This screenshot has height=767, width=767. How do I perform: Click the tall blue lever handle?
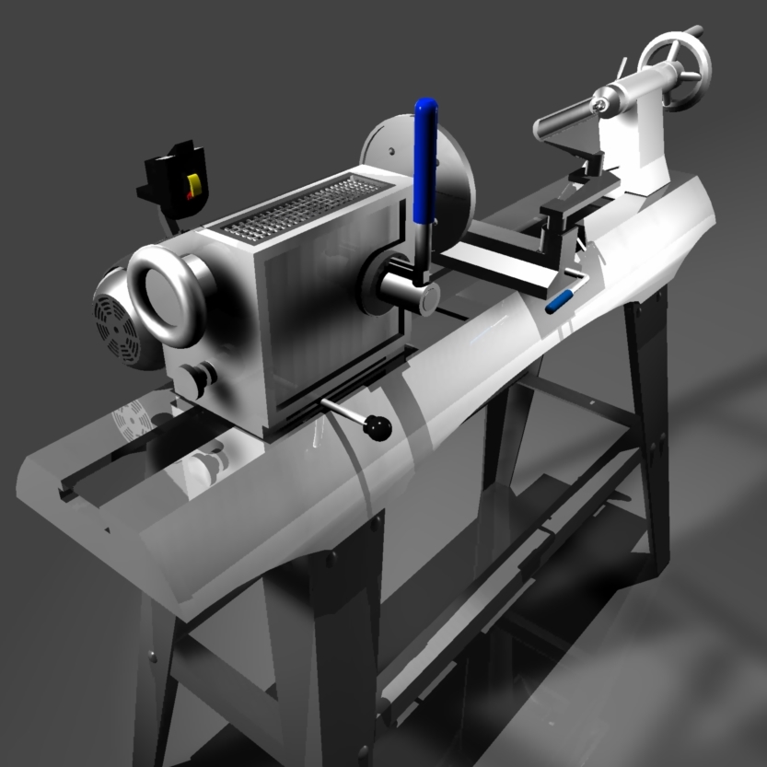coord(425,161)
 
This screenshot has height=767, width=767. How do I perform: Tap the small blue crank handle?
coord(559,301)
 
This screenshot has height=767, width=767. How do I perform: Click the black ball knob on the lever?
coord(377,426)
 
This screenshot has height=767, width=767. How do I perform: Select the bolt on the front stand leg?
coord(331,558)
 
